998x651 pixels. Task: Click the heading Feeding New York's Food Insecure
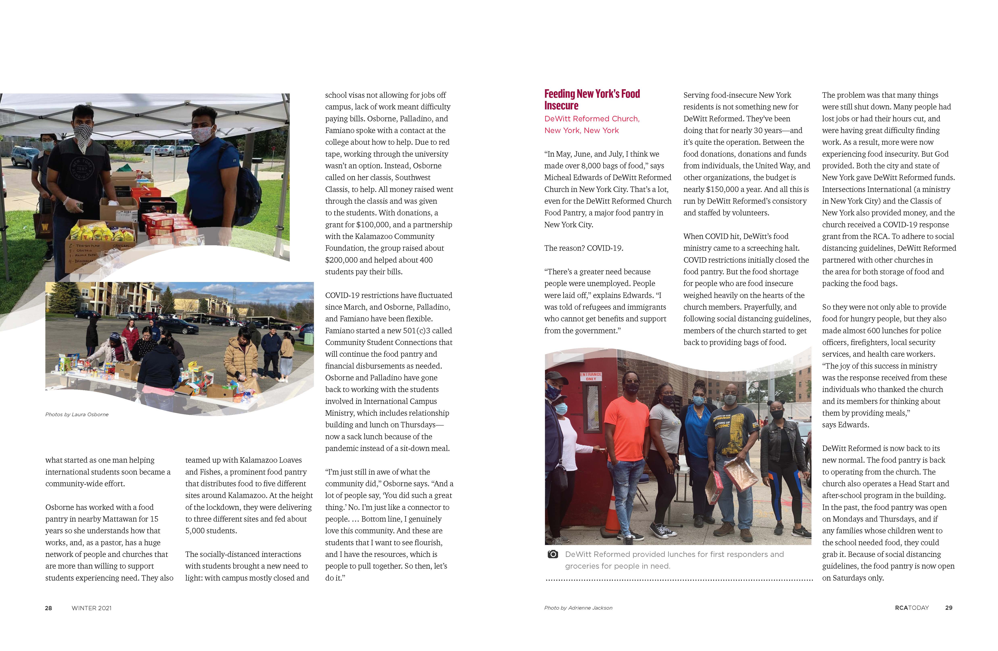(592, 100)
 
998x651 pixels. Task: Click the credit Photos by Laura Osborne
(77, 414)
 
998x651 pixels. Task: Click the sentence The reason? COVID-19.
(583, 248)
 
